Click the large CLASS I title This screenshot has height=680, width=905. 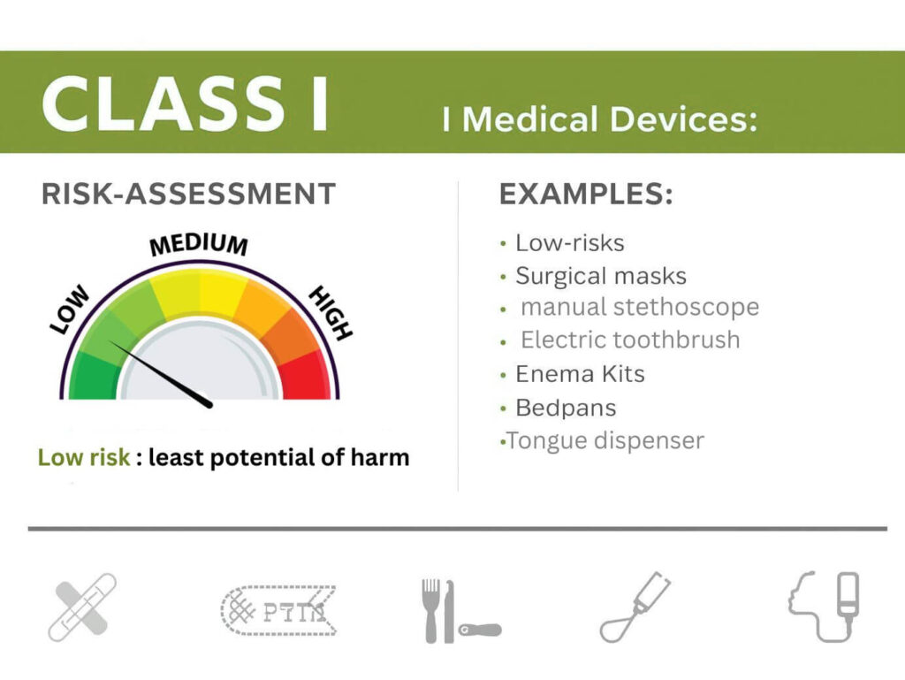(186, 104)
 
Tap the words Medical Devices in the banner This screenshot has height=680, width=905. (610, 119)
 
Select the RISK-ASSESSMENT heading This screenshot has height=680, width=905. (189, 194)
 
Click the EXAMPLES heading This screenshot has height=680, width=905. (586, 194)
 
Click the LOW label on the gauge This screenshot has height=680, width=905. (70, 309)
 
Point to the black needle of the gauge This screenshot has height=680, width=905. (161, 374)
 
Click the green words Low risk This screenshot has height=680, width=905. (84, 457)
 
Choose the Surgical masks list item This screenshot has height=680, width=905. (601, 276)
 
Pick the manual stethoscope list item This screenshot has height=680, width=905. (640, 307)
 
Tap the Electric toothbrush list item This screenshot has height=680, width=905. (630, 340)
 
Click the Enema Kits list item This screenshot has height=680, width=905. (580, 374)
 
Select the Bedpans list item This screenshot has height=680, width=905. (566, 409)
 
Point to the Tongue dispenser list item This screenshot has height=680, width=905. (605, 441)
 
